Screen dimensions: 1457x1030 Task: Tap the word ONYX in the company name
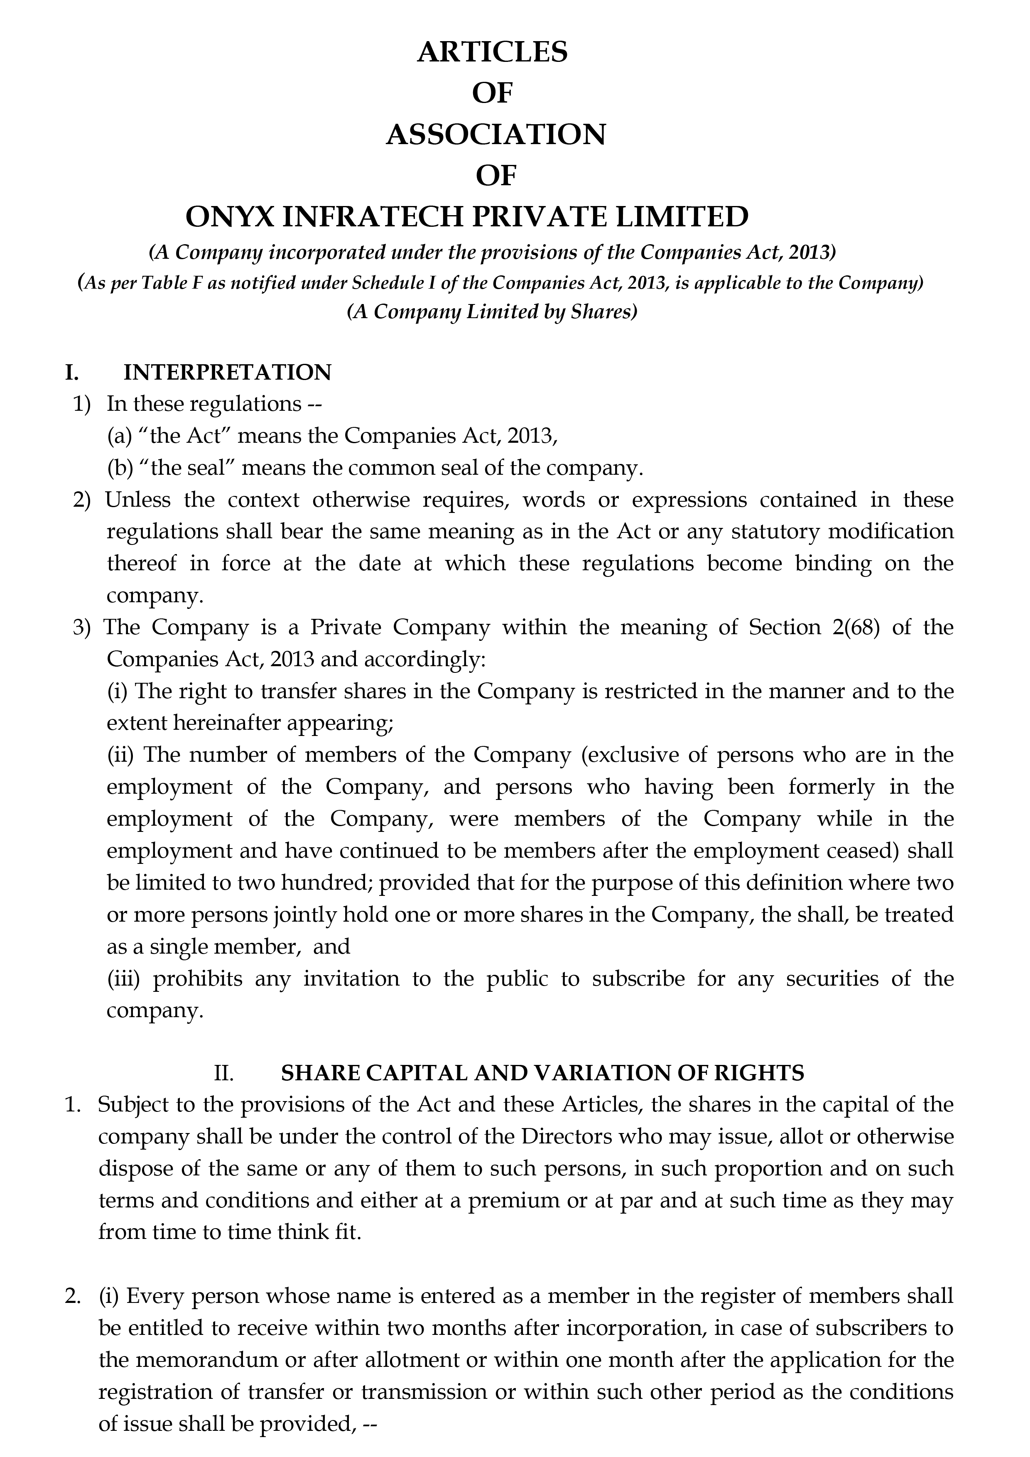[230, 217]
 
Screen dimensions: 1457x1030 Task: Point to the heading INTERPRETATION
[227, 373]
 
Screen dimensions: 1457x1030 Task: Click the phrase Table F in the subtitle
[166, 283]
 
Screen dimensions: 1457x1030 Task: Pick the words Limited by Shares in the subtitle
[548, 313]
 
